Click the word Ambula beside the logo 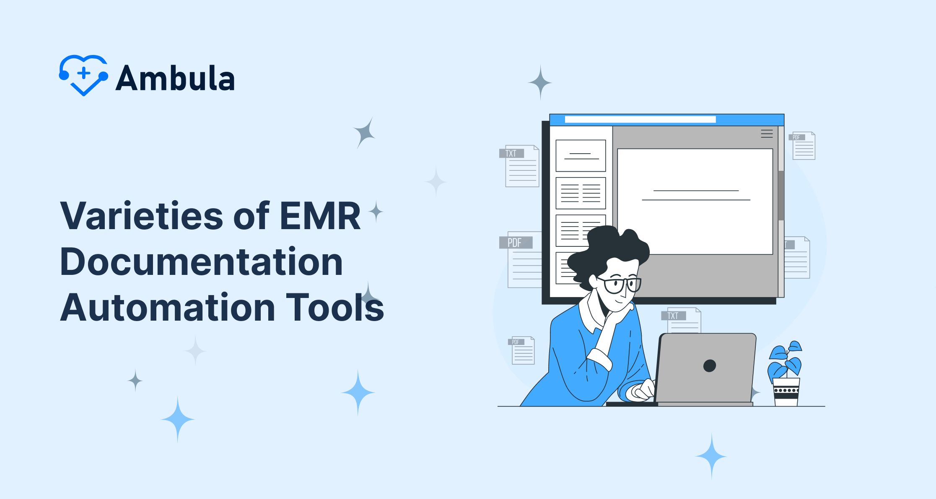click(175, 78)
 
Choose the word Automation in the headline click(168, 307)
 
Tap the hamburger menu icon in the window click(767, 134)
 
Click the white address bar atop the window click(640, 120)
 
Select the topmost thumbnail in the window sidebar click(581, 156)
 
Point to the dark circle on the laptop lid click(710, 366)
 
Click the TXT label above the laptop click(674, 316)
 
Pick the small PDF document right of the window click(802, 146)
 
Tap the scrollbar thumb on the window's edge click(781, 195)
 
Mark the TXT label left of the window click(511, 153)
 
